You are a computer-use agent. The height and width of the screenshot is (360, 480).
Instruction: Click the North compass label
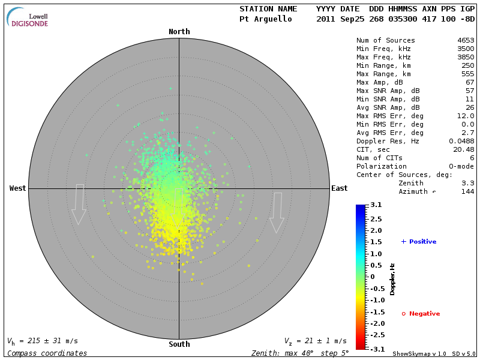coord(179,32)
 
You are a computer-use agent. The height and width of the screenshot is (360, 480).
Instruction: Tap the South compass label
coord(179,344)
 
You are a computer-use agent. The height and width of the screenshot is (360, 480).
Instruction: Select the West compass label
coord(18,188)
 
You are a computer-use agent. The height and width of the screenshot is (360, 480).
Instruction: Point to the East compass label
coord(339,188)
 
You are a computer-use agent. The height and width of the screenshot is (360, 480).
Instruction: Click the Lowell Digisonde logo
coord(28,17)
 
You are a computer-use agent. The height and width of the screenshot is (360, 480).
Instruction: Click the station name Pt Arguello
coord(265,19)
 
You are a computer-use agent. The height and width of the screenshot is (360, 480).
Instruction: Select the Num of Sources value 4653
coord(466,40)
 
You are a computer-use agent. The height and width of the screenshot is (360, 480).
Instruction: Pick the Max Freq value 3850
coord(466,57)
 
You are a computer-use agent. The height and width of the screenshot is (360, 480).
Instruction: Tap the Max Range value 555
coord(467,74)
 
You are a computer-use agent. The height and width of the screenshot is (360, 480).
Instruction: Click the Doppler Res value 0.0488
coord(461,141)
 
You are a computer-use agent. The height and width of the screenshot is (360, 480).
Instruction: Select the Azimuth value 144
coord(467,191)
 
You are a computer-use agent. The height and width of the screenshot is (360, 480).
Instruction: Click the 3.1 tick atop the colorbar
coord(376,205)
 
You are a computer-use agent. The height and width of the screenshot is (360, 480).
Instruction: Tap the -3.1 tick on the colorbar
coord(376,349)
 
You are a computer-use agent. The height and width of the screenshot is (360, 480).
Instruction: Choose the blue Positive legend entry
coord(419,241)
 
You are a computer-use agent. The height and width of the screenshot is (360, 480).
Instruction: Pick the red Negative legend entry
coord(421,314)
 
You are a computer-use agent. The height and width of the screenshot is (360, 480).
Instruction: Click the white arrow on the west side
coord(79,205)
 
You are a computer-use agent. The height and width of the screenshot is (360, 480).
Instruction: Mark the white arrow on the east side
coord(277,212)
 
